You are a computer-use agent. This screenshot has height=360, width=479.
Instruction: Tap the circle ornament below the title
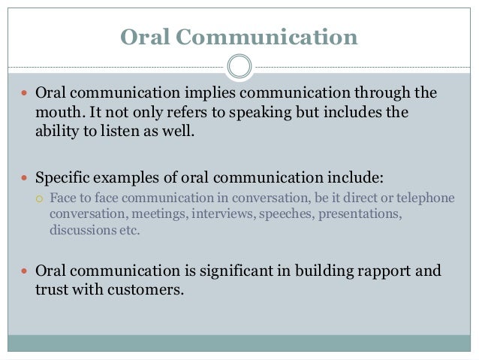click(x=239, y=66)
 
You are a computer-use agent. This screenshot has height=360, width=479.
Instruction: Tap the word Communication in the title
click(x=267, y=37)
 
